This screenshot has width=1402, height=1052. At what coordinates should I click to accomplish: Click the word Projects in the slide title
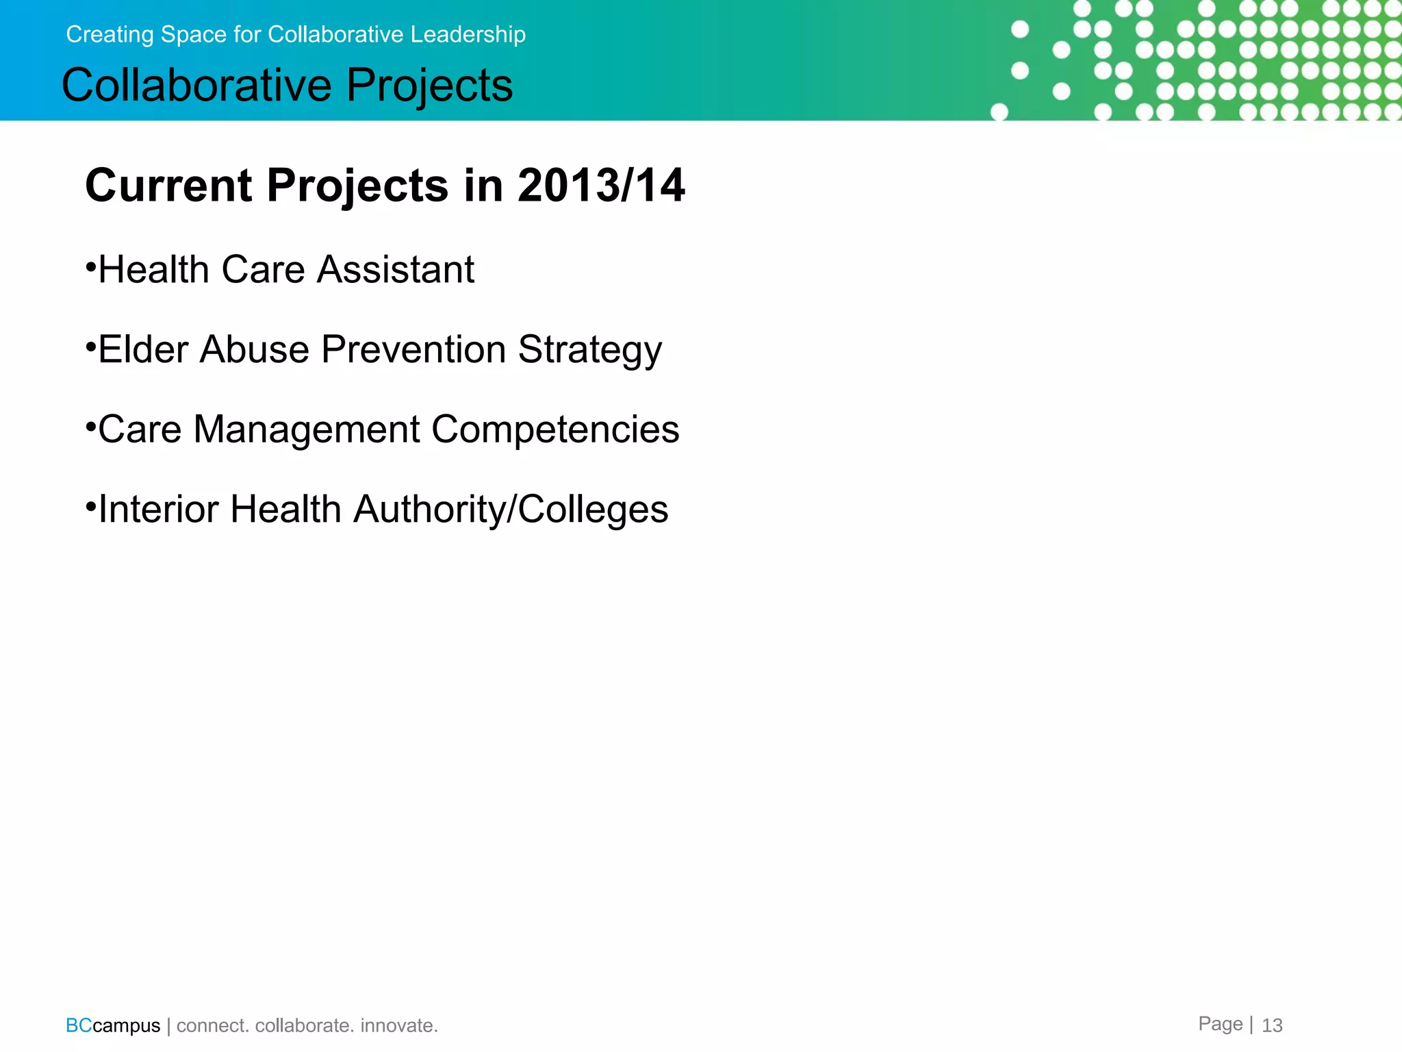[x=429, y=86]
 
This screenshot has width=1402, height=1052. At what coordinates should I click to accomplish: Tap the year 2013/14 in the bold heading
[x=601, y=186]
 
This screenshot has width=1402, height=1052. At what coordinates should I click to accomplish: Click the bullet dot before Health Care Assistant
[x=90, y=266]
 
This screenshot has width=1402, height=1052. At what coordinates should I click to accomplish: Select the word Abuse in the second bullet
[x=255, y=349]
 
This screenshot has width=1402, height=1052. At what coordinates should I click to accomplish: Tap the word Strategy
[x=589, y=351]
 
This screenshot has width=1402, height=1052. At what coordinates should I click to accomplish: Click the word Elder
[x=143, y=349]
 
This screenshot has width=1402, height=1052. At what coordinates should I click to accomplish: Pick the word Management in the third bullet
[x=307, y=429]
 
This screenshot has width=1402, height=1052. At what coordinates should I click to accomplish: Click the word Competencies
[x=555, y=430]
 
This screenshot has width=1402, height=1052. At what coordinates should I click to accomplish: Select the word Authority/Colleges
[x=511, y=510]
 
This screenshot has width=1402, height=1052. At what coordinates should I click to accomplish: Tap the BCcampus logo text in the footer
[x=113, y=1025]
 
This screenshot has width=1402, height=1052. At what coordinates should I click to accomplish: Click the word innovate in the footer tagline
[x=398, y=1025]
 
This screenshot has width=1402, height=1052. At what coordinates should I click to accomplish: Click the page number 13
[x=1272, y=1025]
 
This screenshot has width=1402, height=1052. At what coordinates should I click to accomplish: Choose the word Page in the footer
[x=1220, y=1024]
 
